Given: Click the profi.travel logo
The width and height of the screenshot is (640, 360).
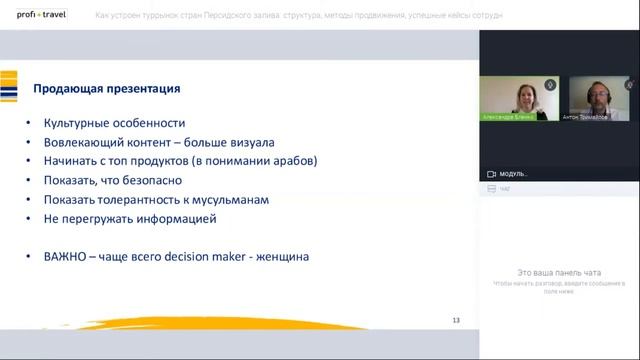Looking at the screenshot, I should click(39, 15).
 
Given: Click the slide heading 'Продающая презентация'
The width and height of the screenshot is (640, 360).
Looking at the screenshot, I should click(107, 89).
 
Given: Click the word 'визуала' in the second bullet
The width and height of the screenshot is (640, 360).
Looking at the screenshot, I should click(254, 142).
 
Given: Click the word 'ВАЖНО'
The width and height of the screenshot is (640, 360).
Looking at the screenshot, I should click(66, 256).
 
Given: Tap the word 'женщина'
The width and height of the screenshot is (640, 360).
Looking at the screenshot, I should click(282, 256).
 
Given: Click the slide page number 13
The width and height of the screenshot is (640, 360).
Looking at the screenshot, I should click(456, 320).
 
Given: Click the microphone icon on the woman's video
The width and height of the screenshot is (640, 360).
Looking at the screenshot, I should click(549, 85).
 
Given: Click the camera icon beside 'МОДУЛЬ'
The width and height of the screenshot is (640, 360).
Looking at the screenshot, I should click(491, 173).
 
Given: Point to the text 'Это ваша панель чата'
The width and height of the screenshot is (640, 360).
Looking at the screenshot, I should click(558, 272).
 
